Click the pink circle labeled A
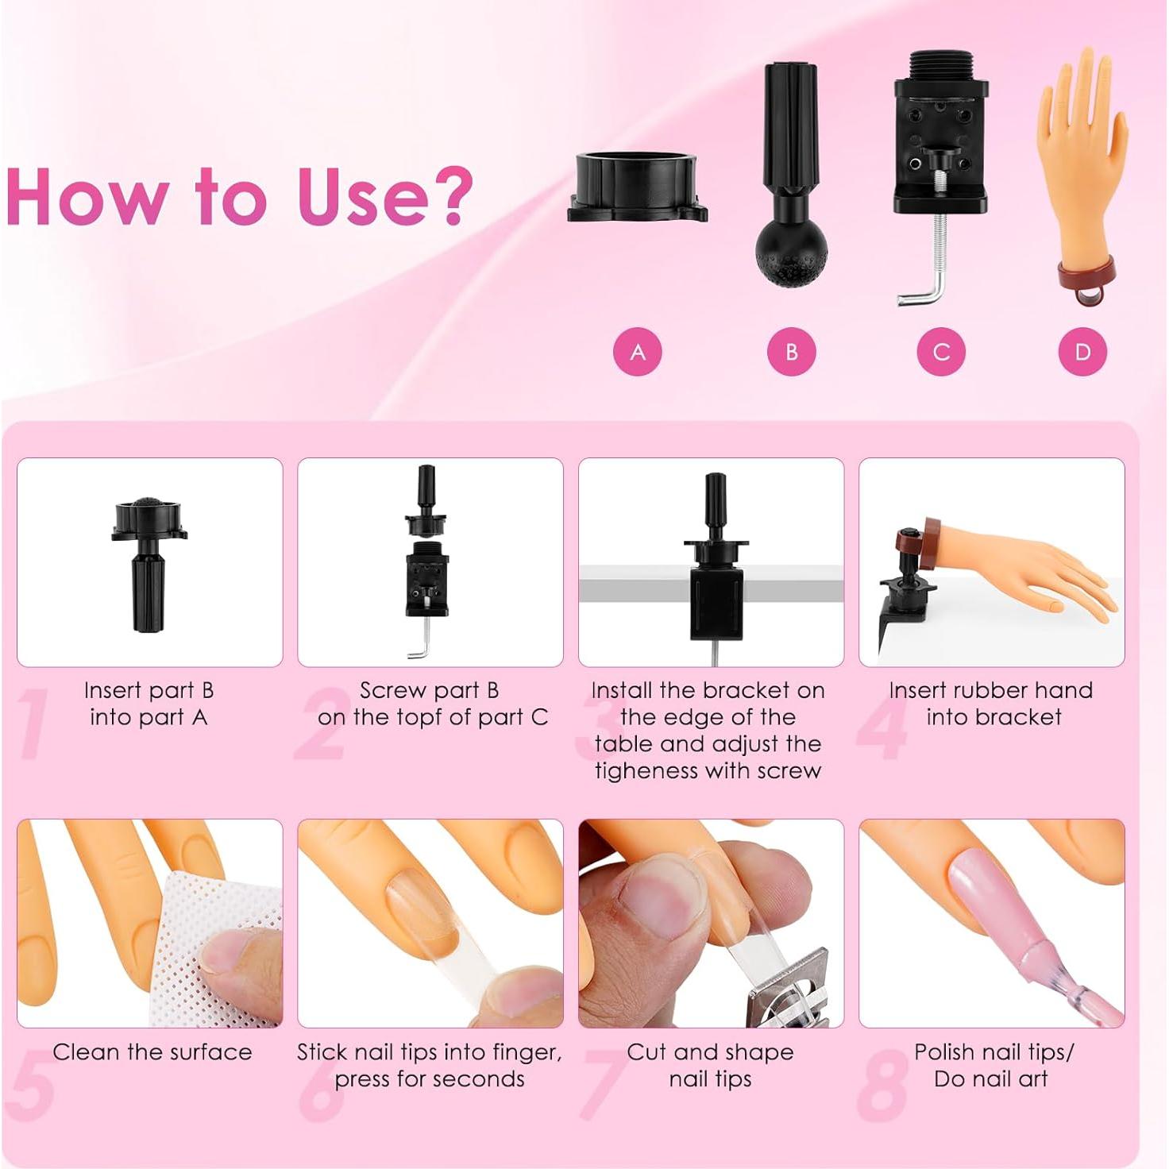click(637, 352)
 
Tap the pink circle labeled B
click(791, 352)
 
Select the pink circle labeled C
click(941, 352)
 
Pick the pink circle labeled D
click(1082, 352)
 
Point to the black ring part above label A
click(637, 187)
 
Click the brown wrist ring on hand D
click(1086, 274)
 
